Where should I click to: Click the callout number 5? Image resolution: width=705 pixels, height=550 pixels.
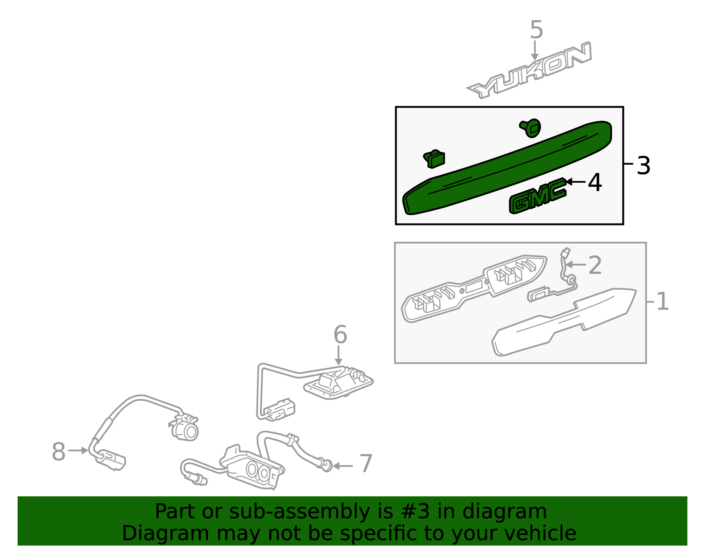click(536, 30)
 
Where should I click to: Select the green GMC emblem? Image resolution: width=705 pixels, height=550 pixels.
click(538, 196)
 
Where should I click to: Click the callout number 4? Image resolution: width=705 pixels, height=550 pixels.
click(594, 182)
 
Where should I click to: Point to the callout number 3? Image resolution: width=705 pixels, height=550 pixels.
click(643, 166)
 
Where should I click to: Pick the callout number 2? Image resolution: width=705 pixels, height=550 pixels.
click(595, 265)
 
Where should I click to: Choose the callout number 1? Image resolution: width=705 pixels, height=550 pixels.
click(662, 301)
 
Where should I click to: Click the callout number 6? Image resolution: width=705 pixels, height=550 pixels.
click(340, 335)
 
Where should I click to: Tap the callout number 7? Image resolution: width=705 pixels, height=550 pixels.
click(366, 463)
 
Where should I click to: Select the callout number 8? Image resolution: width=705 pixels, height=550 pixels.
click(59, 452)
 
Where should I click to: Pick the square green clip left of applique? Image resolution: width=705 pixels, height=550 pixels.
click(434, 159)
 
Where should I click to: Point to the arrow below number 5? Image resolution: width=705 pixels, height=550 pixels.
click(534, 50)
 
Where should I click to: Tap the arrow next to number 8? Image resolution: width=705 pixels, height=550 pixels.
click(78, 450)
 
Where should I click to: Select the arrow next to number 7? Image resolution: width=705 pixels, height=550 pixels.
click(343, 466)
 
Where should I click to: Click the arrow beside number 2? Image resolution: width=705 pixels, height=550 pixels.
click(576, 265)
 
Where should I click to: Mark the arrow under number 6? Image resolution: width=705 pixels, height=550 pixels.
click(338, 355)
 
